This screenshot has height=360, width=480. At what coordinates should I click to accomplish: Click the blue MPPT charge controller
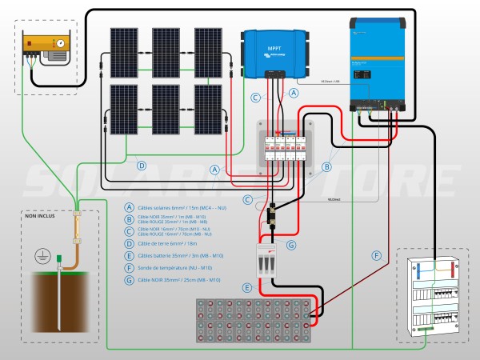coord(276,53)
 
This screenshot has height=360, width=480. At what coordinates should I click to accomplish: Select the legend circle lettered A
coord(130,206)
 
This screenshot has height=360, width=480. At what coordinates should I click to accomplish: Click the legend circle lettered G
coord(130,280)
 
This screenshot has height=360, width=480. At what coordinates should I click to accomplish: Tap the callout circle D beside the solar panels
coord(142,166)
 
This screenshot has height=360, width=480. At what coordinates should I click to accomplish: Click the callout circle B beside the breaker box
coord(326,167)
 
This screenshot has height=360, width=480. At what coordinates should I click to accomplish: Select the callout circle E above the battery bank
coord(248,286)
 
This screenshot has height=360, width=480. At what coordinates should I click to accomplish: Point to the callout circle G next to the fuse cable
coord(291,245)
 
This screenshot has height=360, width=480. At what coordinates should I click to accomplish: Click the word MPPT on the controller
coord(275,47)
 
